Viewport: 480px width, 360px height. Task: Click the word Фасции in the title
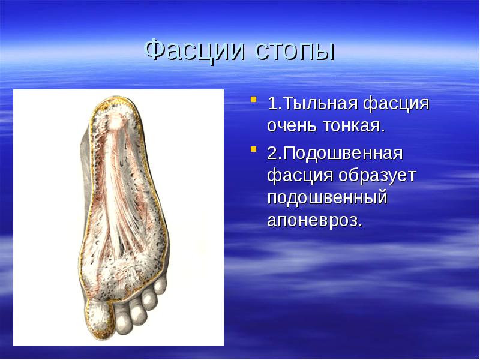194,50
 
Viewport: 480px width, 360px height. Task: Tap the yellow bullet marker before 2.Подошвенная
253,149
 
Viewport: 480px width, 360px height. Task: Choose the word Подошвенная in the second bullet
343,153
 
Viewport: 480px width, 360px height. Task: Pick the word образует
377,176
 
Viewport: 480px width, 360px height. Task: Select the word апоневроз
315,220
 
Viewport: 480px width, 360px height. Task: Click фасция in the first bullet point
397,104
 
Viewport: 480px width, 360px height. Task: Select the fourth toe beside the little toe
149,297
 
